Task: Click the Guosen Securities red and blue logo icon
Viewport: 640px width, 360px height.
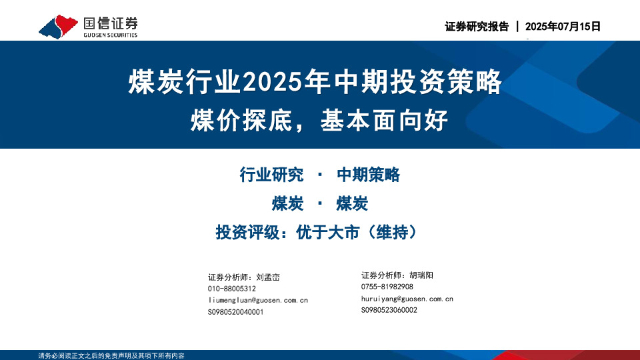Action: point(59,26)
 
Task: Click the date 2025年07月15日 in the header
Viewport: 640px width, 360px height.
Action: point(563,27)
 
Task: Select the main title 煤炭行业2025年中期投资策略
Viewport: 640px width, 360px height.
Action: point(315,83)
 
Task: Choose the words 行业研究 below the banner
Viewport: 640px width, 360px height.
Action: point(271,175)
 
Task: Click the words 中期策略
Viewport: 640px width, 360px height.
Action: point(368,175)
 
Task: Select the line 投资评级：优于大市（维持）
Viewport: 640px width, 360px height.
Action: point(320,232)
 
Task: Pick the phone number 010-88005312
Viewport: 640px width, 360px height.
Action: point(232,289)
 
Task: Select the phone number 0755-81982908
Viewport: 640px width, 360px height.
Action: point(387,287)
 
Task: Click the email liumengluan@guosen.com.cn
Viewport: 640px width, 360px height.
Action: point(258,301)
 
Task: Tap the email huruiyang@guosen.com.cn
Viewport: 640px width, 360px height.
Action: point(407,299)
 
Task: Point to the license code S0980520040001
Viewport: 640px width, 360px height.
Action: point(236,312)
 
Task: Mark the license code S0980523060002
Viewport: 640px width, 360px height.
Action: point(389,310)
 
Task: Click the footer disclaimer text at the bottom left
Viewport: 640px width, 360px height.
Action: point(111,356)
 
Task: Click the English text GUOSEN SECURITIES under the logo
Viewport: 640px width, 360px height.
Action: point(111,35)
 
